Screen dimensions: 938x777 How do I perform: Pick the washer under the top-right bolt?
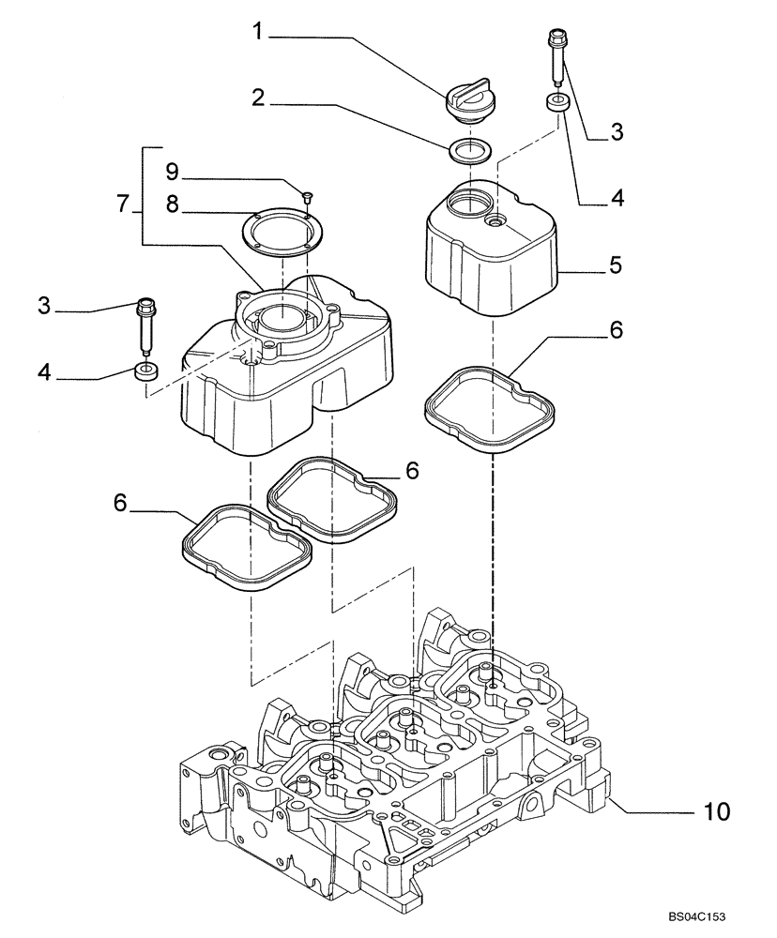tap(557, 103)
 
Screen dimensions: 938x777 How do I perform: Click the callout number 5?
tap(615, 265)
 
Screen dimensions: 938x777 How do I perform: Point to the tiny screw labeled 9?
tap(310, 195)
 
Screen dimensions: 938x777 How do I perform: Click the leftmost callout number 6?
tap(120, 503)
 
